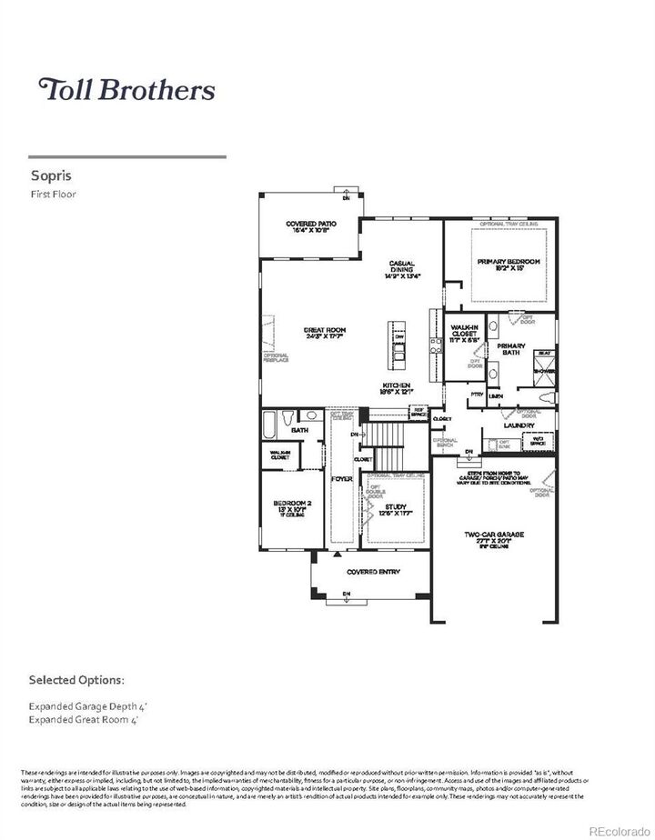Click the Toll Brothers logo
[126, 89]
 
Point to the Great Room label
[325, 333]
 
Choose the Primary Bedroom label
[509, 265]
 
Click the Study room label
[395, 511]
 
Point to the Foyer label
[342, 478]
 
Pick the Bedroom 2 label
[292, 506]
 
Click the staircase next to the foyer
[385, 445]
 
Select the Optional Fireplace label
[276, 356]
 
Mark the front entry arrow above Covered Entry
[338, 553]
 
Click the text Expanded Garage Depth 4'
[80, 705]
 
